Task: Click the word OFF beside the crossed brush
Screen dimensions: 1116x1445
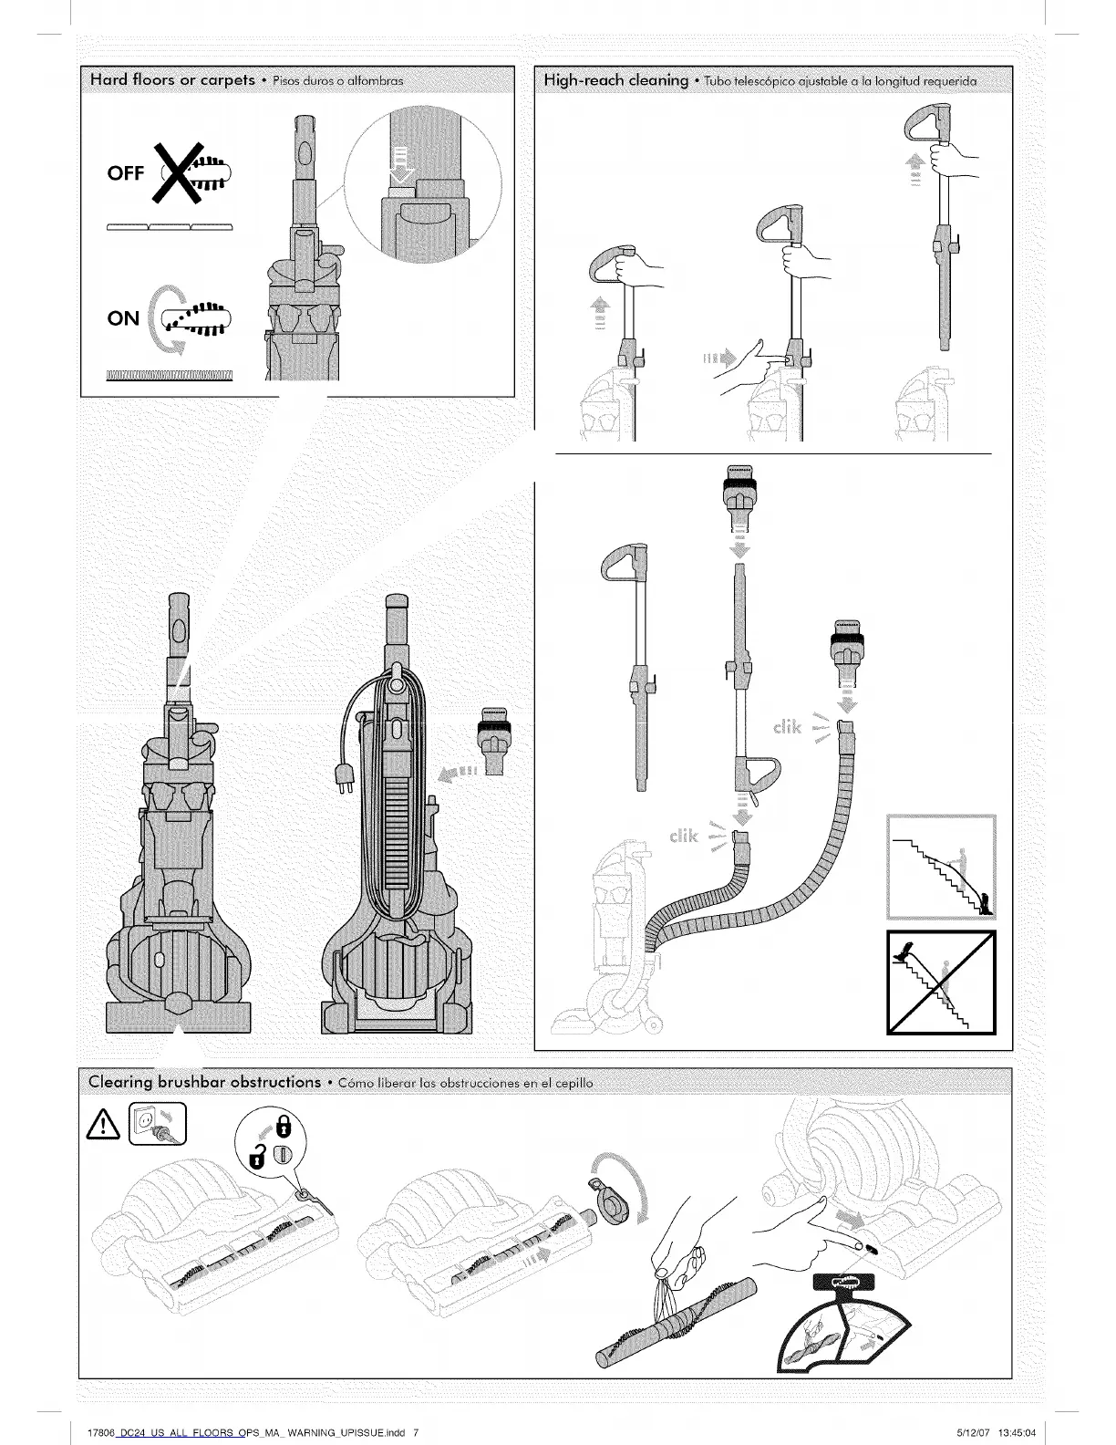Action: pos(126,172)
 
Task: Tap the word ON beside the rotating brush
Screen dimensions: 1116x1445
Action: pos(123,318)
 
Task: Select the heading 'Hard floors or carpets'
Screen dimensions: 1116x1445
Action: pos(172,80)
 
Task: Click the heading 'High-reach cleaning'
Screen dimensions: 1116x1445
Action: pos(616,80)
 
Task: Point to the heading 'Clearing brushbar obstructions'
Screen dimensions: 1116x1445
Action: pos(204,1082)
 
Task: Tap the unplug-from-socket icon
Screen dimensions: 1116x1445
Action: pos(158,1124)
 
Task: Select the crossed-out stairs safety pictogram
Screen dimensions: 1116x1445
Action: pos(941,982)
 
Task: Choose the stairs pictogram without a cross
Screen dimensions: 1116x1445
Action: pos(941,868)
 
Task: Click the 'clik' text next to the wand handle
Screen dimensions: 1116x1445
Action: pos(684,837)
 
